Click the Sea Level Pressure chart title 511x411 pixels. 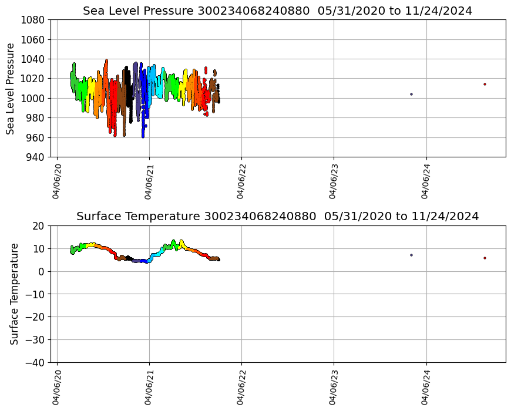[x=277, y=11]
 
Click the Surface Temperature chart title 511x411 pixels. [x=277, y=216]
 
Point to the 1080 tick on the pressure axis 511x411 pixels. [x=34, y=20]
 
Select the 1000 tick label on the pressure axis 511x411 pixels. [x=34, y=98]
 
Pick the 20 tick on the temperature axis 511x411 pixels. [x=39, y=226]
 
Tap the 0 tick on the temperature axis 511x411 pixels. [x=42, y=271]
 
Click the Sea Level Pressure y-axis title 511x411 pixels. [x=11, y=88]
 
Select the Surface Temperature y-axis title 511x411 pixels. [x=14, y=294]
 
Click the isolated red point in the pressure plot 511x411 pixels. [x=485, y=84]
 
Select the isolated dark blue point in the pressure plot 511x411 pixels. [x=411, y=94]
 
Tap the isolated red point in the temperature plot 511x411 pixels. [x=485, y=258]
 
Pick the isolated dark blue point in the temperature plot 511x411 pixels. [x=411, y=255]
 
